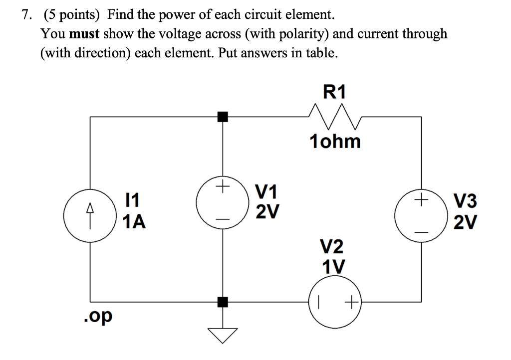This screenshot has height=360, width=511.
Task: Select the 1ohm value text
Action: coord(334,142)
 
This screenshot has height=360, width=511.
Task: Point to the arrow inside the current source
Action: coord(90,209)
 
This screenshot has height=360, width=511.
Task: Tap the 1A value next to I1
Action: coord(134,221)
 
